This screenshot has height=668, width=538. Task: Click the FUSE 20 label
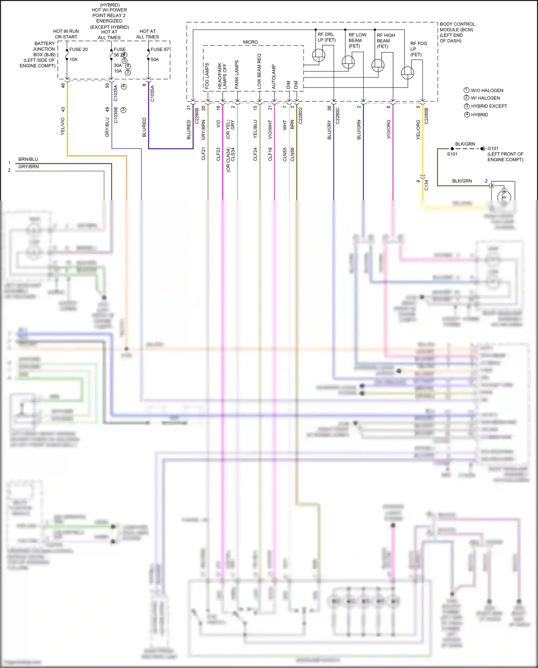point(78,50)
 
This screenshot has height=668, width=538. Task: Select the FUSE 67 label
point(160,50)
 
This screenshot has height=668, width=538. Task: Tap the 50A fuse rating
point(155,60)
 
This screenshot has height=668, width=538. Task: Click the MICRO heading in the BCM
point(250,42)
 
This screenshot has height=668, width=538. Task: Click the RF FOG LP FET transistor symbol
point(407,73)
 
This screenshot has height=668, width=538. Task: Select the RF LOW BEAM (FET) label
point(357,40)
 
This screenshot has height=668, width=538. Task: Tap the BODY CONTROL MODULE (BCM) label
point(457,32)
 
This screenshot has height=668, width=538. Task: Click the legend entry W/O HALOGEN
point(483,90)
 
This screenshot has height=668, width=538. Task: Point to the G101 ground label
point(493,149)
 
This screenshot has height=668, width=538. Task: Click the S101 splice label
point(452,154)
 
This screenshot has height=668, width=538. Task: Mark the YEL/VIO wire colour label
point(63,126)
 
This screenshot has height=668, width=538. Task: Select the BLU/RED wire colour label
point(189,130)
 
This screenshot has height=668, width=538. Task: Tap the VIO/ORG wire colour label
point(388,129)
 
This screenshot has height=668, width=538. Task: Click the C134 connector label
point(426,185)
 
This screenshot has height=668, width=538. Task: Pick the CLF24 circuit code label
point(255,154)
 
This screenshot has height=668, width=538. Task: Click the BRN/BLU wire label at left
point(28,159)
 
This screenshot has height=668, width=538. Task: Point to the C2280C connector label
point(338,116)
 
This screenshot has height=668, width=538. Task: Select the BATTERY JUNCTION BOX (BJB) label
point(39,55)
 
